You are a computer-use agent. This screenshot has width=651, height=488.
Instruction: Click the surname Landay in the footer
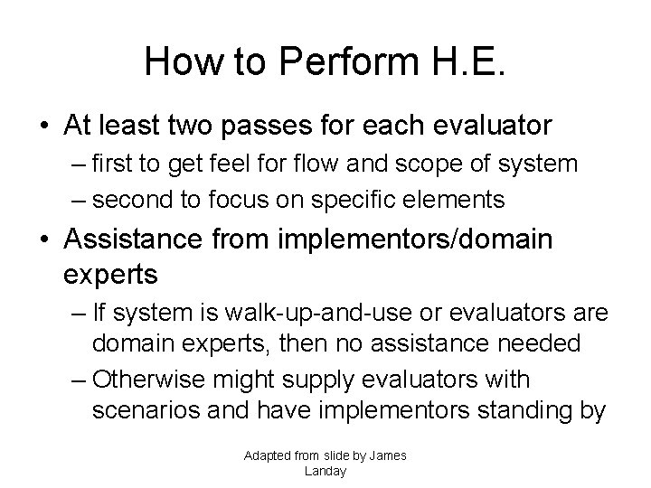[x=325, y=471]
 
